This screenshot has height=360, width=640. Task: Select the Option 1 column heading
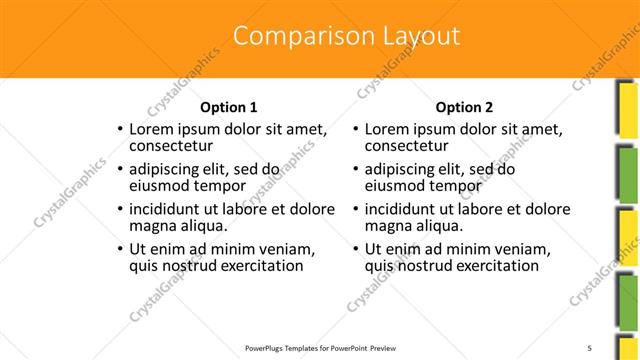pos(229,107)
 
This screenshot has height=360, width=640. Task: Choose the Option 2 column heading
pos(465,107)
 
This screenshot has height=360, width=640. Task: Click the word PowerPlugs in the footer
pos(269,347)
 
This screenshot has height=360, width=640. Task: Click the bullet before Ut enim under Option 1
pos(120,250)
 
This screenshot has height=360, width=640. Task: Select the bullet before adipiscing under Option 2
pos(356,170)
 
